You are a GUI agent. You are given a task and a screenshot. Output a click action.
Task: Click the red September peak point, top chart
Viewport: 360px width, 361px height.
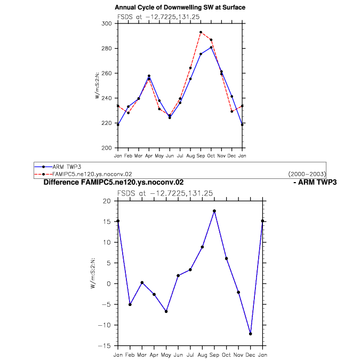coord(201,32)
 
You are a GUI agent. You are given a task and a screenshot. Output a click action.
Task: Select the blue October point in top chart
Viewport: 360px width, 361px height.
coord(211,48)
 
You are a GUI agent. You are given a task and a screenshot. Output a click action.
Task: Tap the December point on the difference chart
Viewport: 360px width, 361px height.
coord(250,334)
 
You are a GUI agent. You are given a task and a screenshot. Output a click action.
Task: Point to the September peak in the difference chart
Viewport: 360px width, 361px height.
coord(214,211)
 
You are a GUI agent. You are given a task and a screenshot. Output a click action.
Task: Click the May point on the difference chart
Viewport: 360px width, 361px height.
coord(166,311)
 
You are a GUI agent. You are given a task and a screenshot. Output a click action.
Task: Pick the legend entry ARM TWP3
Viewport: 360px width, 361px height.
coord(67,167)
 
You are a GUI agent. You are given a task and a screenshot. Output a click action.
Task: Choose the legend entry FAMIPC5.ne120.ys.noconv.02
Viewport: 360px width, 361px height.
coord(92,174)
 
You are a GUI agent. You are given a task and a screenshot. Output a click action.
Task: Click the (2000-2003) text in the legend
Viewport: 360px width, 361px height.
coord(307,174)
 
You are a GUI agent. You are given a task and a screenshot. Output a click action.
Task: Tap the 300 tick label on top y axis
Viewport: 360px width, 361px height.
coord(107,23)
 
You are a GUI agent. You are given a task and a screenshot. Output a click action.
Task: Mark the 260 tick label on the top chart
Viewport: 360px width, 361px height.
coord(107,73)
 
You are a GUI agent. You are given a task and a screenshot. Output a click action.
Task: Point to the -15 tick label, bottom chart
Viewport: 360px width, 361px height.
coord(105,346)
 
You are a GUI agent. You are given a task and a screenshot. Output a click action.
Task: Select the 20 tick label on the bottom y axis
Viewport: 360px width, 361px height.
coord(107,201)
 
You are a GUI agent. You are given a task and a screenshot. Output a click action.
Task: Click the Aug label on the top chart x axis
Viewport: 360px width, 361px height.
coord(190,156)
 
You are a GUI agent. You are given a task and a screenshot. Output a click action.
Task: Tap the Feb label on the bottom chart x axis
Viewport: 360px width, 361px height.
coord(130,355)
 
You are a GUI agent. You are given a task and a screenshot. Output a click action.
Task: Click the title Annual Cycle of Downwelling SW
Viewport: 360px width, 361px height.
coord(180,7)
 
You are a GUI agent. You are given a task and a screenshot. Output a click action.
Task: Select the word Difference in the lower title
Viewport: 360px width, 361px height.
coord(61,182)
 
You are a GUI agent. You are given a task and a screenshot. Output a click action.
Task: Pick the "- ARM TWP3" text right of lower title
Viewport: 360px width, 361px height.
coord(315,182)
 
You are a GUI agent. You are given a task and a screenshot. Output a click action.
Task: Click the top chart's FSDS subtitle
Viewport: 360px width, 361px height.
coord(158,17)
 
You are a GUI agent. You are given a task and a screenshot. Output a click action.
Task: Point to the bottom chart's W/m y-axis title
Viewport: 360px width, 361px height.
coord(93,273)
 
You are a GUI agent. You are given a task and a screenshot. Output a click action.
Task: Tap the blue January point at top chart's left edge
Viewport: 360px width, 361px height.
coord(118,125)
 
